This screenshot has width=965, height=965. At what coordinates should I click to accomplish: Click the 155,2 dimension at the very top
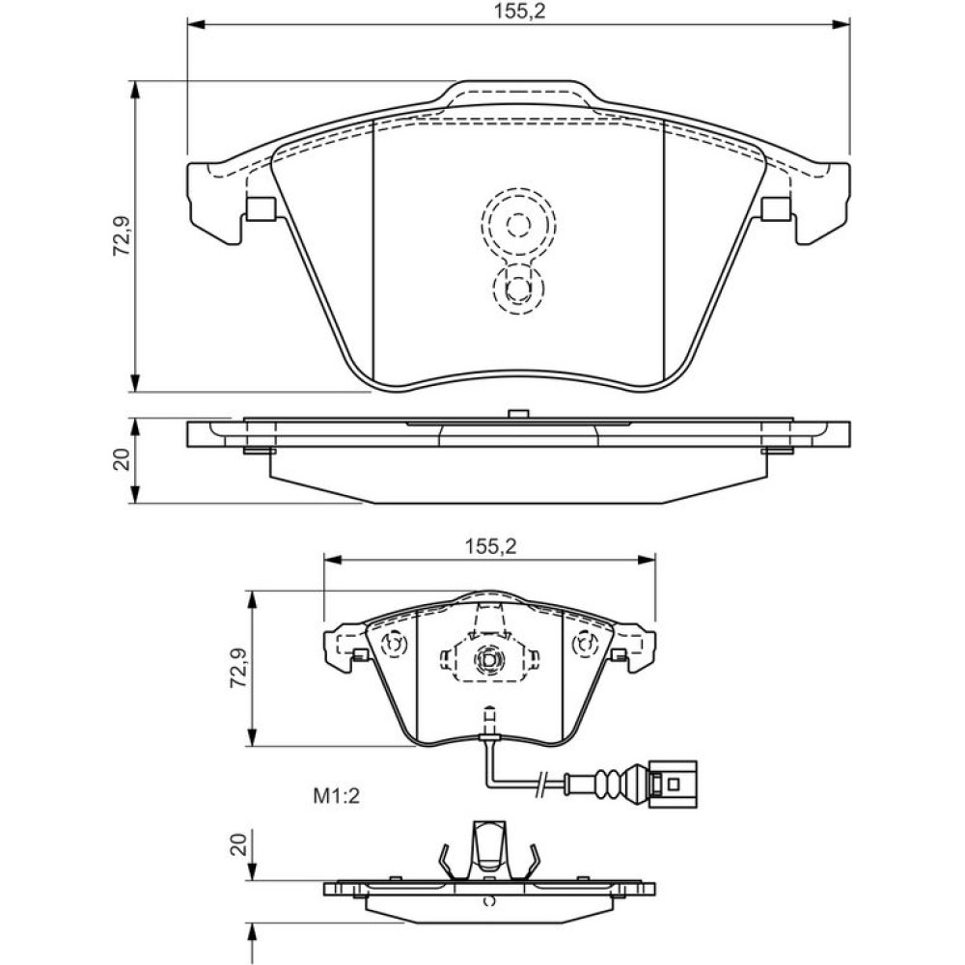tap(520, 12)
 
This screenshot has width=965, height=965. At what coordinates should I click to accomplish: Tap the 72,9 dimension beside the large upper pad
tap(122, 236)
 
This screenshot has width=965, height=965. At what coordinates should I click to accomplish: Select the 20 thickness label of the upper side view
tap(122, 459)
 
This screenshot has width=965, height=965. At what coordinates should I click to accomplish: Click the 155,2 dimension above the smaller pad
tap(490, 546)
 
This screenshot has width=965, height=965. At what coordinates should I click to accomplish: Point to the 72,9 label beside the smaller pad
tap(238, 668)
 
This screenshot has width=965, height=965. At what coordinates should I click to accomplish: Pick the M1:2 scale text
tap(336, 797)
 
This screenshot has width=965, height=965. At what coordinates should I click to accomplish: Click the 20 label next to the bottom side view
tap(239, 844)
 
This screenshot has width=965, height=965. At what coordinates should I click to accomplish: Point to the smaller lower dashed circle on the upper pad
tap(519, 289)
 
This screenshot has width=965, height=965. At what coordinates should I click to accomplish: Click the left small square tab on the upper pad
tap(261, 208)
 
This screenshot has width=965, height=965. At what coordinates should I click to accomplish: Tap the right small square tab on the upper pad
tap(776, 208)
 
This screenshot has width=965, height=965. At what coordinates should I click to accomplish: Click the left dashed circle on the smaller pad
tap(395, 645)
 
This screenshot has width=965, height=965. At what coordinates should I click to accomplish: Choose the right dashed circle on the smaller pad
tap(586, 645)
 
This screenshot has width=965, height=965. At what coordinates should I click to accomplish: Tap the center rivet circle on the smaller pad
tap(489, 660)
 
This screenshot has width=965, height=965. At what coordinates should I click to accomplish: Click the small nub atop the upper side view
tap(519, 414)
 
